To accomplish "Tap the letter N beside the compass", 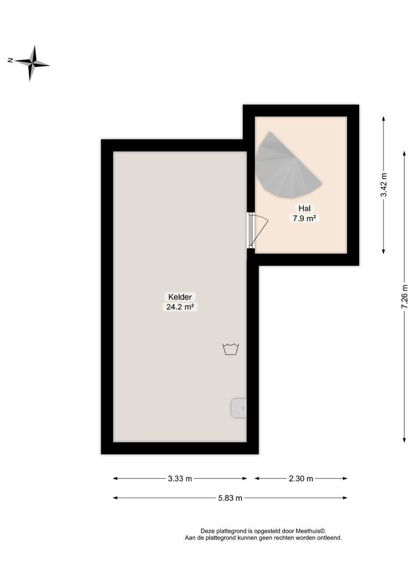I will click(10, 60).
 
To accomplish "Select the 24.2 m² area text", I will click(179, 307).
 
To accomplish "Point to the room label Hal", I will click(304, 208).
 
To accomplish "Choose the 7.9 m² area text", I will click(304, 218).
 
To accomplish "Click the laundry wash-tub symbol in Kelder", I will click(231, 348).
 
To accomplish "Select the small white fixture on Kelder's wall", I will click(239, 408).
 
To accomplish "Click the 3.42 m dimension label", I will click(384, 185).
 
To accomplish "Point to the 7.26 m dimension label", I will click(405, 297).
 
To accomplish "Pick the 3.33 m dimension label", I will click(180, 479).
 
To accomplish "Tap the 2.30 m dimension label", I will click(301, 479).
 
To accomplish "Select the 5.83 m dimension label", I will click(230, 498).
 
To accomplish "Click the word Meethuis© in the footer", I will click(311, 531).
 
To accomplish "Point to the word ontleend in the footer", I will click(328, 538).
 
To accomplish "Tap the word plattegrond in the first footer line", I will click(232, 531).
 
